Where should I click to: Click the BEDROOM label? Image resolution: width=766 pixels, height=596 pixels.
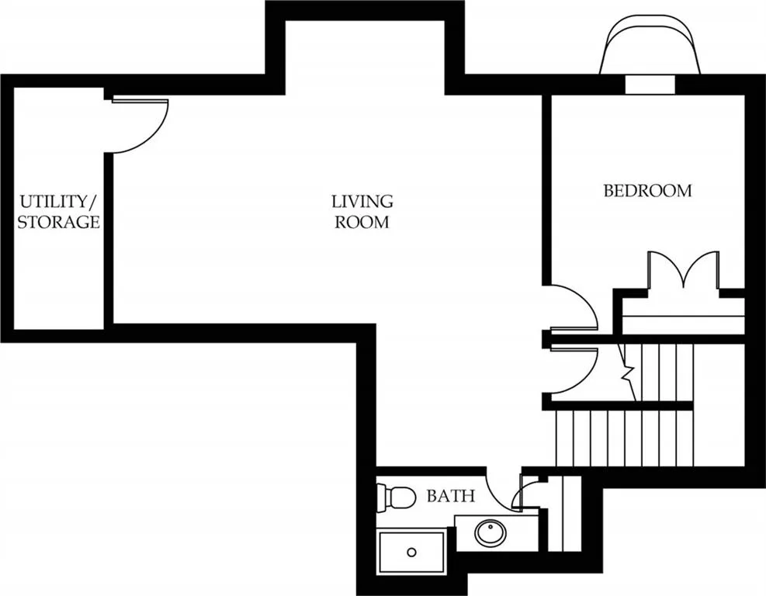tap(648, 190)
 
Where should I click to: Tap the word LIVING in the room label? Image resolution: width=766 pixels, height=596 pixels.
tap(362, 201)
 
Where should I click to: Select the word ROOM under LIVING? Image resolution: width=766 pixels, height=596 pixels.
tap(362, 222)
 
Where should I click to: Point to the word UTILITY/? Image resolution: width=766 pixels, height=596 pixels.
tap(59, 201)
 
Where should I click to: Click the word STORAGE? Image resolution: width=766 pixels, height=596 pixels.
tap(59, 222)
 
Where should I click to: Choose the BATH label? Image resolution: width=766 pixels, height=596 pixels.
tap(450, 496)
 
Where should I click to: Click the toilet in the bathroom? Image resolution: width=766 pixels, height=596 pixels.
tap(396, 497)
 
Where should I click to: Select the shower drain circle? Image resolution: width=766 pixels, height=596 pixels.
tap(412, 553)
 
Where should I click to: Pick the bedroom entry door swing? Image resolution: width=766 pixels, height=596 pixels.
tap(581, 298)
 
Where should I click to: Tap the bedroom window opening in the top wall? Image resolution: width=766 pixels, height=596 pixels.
tap(650, 84)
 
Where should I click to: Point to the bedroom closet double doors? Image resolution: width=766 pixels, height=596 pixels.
tap(684, 269)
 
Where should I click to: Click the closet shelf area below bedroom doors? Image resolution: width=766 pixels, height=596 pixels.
tap(683, 316)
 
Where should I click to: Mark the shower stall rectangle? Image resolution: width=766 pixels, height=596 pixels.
tap(411, 552)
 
